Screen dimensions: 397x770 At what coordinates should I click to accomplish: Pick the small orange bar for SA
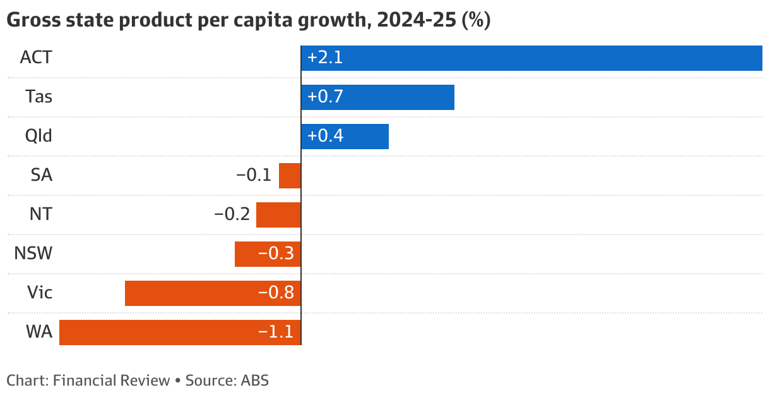pyautogui.click(x=290, y=176)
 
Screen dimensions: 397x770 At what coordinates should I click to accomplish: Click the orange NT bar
pyautogui.click(x=278, y=215)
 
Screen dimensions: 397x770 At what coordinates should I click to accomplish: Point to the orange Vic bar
pyautogui.click(x=189, y=293)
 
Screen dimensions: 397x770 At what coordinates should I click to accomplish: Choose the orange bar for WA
pyautogui.click(x=158, y=333)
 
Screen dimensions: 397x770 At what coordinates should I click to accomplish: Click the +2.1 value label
pyautogui.click(x=324, y=58)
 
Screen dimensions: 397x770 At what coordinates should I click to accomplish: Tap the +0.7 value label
pyautogui.click(x=324, y=97)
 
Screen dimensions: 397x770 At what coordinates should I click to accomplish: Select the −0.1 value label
pyautogui.click(x=254, y=176)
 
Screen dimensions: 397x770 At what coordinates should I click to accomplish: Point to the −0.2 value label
pyautogui.click(x=232, y=215)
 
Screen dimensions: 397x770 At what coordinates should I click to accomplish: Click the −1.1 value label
pyautogui.click(x=276, y=333)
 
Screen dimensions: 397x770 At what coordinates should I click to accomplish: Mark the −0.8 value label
pyautogui.click(x=276, y=293)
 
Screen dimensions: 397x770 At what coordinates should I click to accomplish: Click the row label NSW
pyautogui.click(x=33, y=254)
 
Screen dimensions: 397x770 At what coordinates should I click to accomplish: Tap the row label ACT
pyautogui.click(x=36, y=58)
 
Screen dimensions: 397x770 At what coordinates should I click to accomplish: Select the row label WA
pyautogui.click(x=39, y=333)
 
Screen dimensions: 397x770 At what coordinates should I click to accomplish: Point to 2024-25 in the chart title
pyautogui.click(x=417, y=21)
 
